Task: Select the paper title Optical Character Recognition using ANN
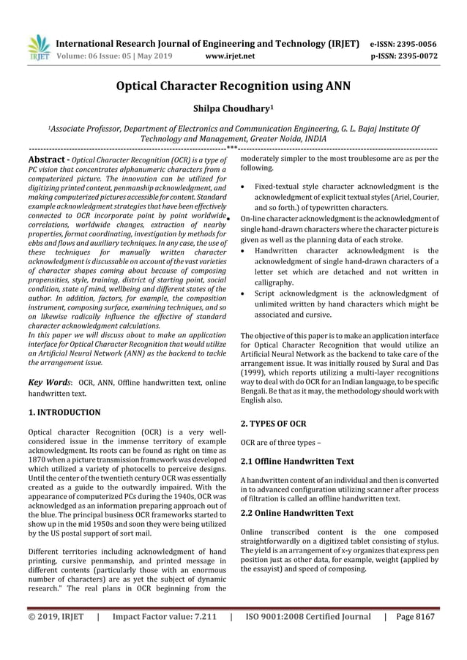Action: [233, 86]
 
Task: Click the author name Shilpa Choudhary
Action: [233, 109]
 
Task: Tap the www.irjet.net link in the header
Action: [230, 55]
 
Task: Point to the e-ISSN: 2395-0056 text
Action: [401, 43]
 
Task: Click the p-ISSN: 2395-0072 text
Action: [401, 55]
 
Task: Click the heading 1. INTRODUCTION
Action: [64, 413]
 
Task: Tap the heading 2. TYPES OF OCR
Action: [273, 424]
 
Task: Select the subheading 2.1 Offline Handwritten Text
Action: [297, 462]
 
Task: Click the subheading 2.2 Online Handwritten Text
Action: [296, 513]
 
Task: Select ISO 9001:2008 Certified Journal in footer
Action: [308, 616]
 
